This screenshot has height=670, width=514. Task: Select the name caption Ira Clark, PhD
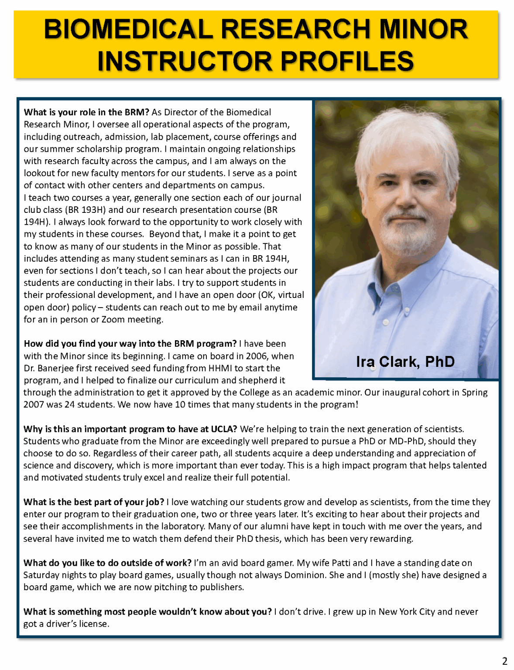tap(405, 362)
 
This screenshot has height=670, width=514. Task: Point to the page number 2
tap(505, 660)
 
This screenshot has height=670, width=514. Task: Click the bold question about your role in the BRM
tap(86, 113)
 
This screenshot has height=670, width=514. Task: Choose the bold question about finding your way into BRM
tap(130, 344)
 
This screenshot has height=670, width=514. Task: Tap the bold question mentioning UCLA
tap(130, 429)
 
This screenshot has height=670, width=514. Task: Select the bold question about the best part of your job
tap(94, 502)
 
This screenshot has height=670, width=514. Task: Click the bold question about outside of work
tap(107, 563)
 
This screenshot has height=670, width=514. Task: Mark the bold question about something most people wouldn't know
tap(147, 612)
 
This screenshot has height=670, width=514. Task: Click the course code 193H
tap(95, 210)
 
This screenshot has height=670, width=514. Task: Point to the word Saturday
tap(41, 575)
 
